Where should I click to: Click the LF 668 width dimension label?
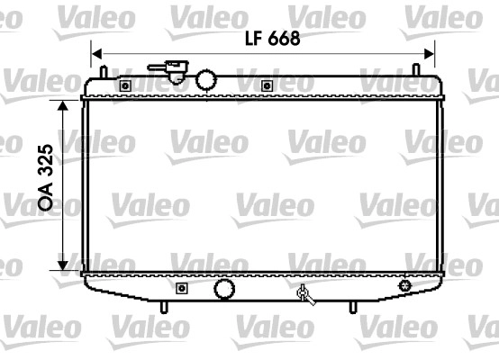coord(272,39)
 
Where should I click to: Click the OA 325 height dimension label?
coord(45,176)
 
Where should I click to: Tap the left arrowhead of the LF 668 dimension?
coord(96,54)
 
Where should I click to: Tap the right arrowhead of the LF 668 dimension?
coord(429,54)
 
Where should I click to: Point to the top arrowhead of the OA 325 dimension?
coord(63,105)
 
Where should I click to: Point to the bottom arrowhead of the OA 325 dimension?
coord(63,265)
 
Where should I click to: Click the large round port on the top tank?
coord(206,79)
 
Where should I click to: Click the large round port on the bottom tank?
coord(224,289)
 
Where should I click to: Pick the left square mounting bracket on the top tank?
coord(125,85)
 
